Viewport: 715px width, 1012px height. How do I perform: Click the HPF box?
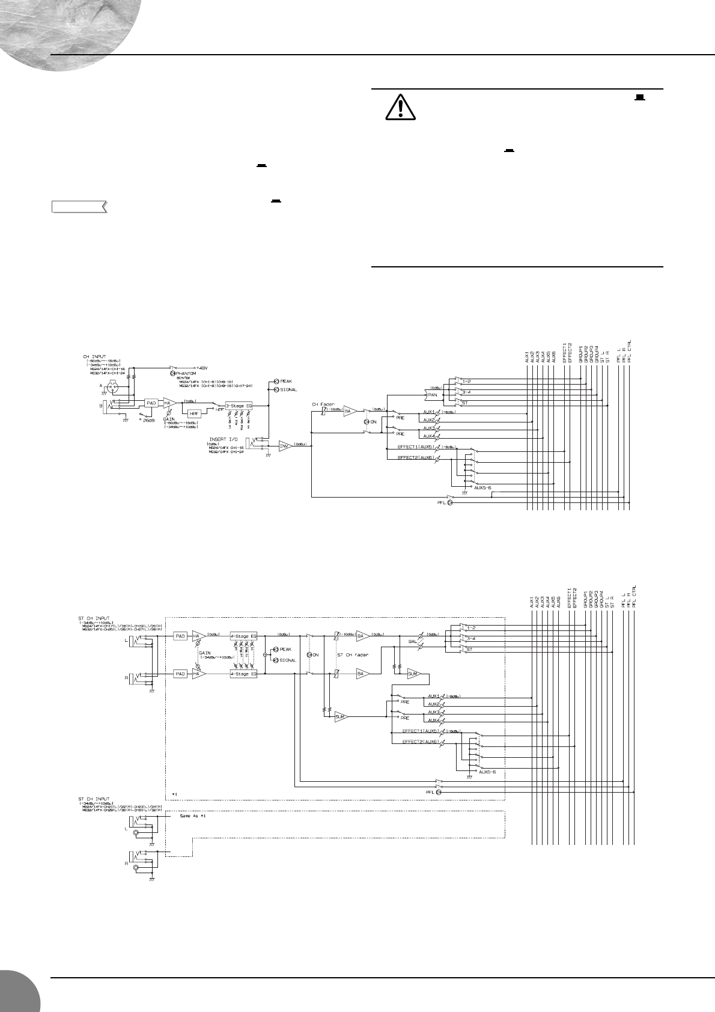click(194, 414)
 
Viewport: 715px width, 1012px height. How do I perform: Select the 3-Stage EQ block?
click(239, 406)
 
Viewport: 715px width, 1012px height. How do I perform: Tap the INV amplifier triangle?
click(284, 445)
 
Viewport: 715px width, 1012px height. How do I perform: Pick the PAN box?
click(431, 395)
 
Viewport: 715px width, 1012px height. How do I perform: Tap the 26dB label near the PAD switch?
click(148, 420)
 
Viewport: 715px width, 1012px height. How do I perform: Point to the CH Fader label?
click(323, 404)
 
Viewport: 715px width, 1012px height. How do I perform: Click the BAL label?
click(413, 642)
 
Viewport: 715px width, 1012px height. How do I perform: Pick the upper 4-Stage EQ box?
click(243, 635)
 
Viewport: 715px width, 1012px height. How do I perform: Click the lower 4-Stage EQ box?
click(243, 674)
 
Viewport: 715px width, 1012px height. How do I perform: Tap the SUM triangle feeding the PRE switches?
click(341, 717)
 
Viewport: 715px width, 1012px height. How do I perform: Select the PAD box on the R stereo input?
click(180, 674)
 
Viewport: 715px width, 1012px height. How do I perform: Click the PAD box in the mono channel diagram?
click(151, 403)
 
